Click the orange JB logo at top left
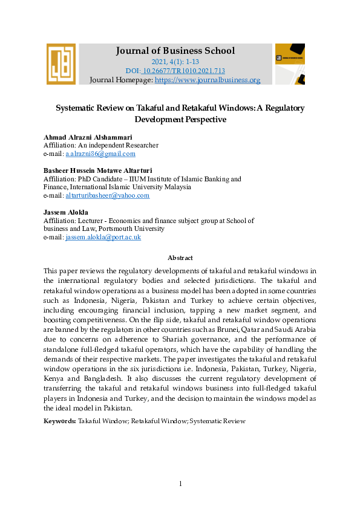[61, 63]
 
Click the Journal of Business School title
[175, 51]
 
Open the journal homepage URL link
[208, 80]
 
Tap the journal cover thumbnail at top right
[290, 63]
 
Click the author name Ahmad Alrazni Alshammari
[88, 137]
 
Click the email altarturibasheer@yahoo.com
[107, 196]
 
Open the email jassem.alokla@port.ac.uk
[103, 238]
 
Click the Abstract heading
[180, 258]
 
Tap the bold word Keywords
[60, 420]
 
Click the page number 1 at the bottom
[180, 484]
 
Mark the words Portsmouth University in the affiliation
[137, 229]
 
